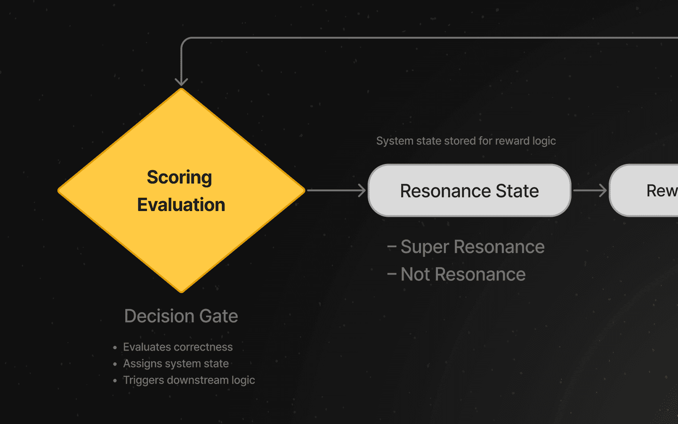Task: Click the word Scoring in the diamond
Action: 179,178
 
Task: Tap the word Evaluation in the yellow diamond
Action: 181,205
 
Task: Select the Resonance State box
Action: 469,191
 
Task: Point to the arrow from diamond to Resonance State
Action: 336,190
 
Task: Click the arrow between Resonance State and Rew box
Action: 590,190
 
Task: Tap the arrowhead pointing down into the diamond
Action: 181,82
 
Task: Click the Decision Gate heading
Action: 181,316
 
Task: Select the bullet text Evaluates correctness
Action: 178,347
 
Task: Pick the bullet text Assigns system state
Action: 176,364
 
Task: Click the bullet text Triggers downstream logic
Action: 189,380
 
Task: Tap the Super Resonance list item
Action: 472,247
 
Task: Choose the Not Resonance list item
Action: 463,274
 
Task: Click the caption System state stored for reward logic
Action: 466,141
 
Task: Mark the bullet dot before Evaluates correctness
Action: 115,348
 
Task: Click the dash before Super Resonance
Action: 391,247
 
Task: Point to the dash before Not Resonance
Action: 391,274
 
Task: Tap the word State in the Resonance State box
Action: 517,191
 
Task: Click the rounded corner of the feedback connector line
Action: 184,41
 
